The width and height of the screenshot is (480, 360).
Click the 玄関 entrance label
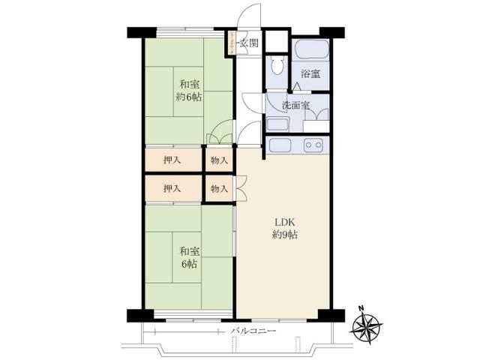[249, 43]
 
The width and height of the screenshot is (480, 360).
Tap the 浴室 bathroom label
[310, 73]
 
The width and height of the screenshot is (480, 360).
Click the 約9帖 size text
[285, 235]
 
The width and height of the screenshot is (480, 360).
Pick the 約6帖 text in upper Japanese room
[188, 97]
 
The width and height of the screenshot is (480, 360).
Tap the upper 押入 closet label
[172, 160]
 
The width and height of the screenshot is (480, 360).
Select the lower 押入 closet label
[172, 187]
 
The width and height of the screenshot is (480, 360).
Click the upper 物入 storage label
[219, 160]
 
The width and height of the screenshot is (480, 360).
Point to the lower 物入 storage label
[219, 187]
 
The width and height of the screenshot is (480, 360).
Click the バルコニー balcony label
[253, 331]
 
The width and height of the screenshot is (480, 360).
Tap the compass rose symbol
[367, 325]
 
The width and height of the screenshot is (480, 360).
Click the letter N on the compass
[361, 308]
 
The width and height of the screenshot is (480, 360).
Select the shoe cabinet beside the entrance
[233, 43]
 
